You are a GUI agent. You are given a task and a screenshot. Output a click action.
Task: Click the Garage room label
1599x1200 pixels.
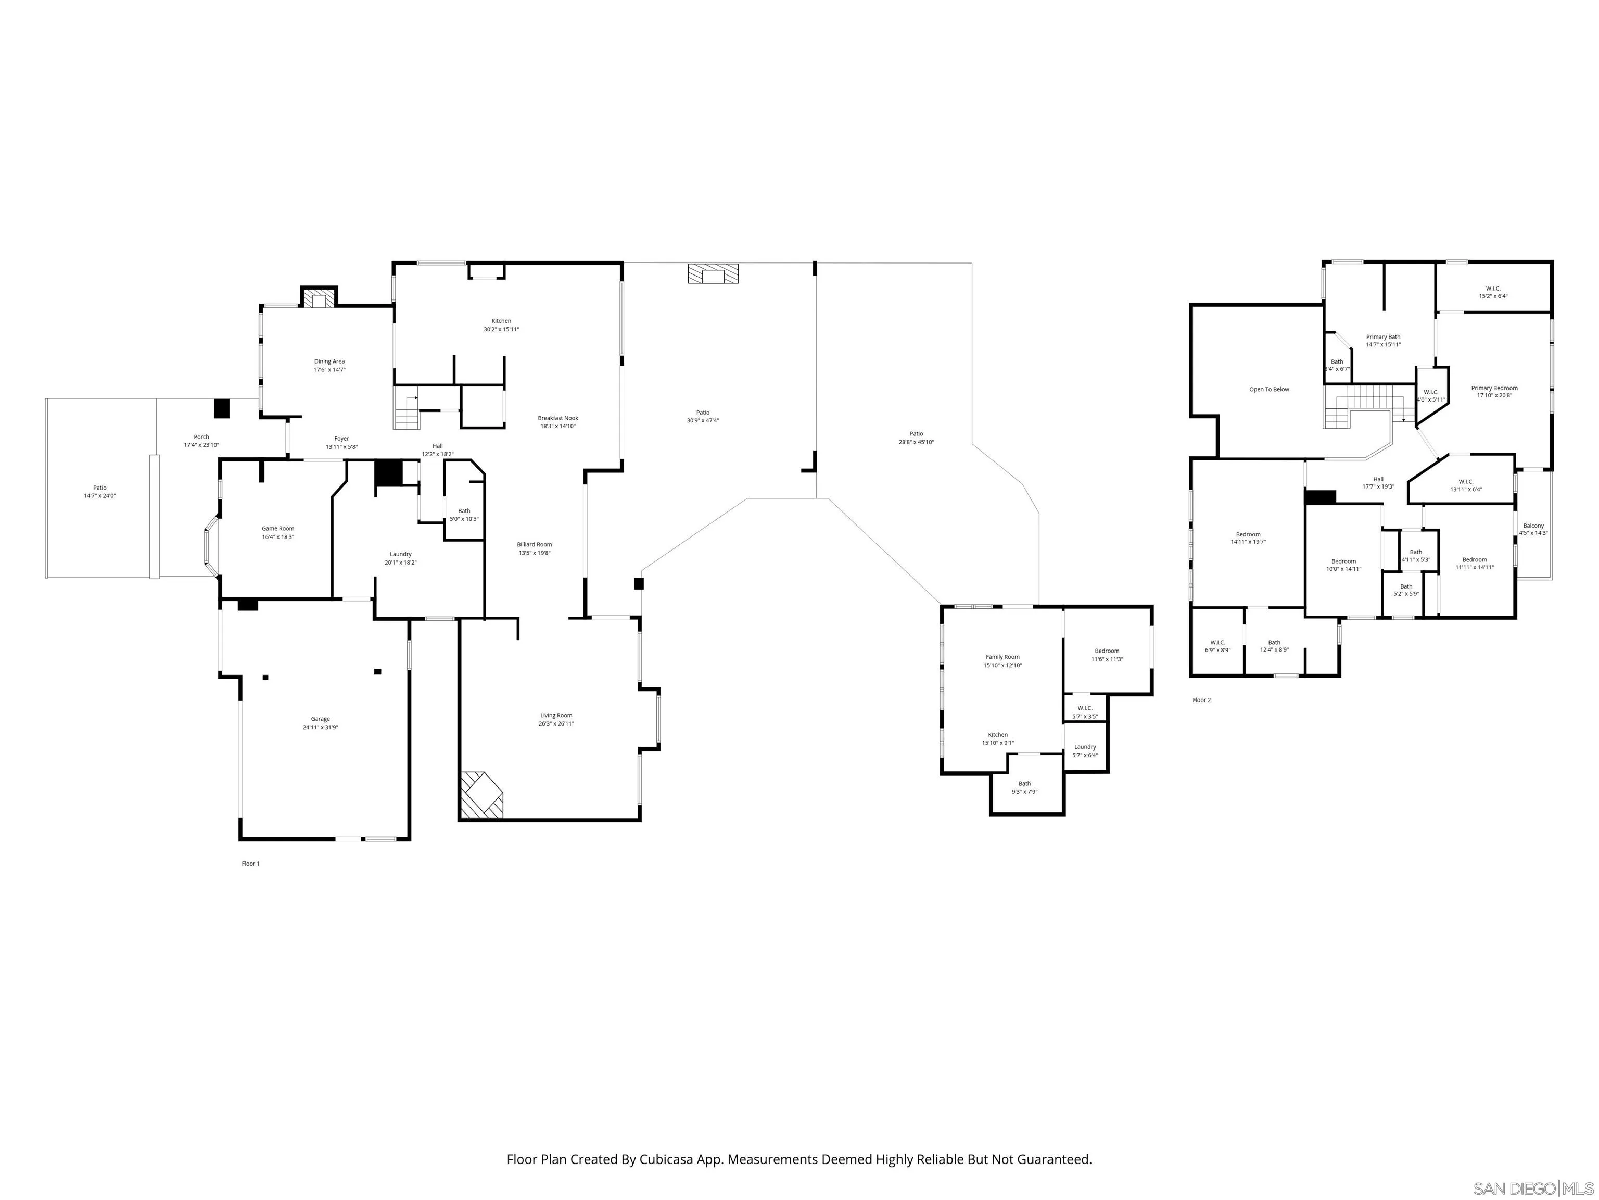(x=320, y=719)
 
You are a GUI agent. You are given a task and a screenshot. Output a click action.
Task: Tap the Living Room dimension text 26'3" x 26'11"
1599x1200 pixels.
(x=556, y=724)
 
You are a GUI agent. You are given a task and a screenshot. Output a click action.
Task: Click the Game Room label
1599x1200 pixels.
(x=277, y=529)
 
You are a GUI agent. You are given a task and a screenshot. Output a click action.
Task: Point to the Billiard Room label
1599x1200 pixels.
(x=534, y=545)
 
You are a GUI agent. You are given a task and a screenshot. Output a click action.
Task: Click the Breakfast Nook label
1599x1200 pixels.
(x=557, y=418)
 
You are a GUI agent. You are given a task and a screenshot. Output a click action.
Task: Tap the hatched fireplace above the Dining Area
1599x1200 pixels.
(x=319, y=299)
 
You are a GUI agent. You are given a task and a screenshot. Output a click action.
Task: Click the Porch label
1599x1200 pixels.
(x=201, y=437)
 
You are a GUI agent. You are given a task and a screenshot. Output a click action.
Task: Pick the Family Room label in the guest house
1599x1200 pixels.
(x=1002, y=657)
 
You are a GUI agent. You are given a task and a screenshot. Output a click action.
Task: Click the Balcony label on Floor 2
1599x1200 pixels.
(x=1533, y=526)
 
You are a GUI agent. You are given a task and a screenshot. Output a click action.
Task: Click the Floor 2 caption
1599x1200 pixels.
(x=1201, y=700)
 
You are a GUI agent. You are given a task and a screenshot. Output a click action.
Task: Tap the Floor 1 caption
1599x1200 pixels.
(x=250, y=864)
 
